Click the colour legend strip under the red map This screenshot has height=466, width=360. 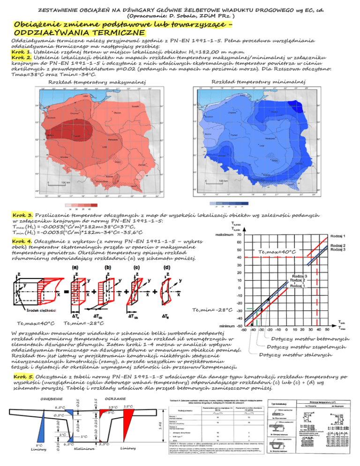pyautogui.click(x=82, y=204)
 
